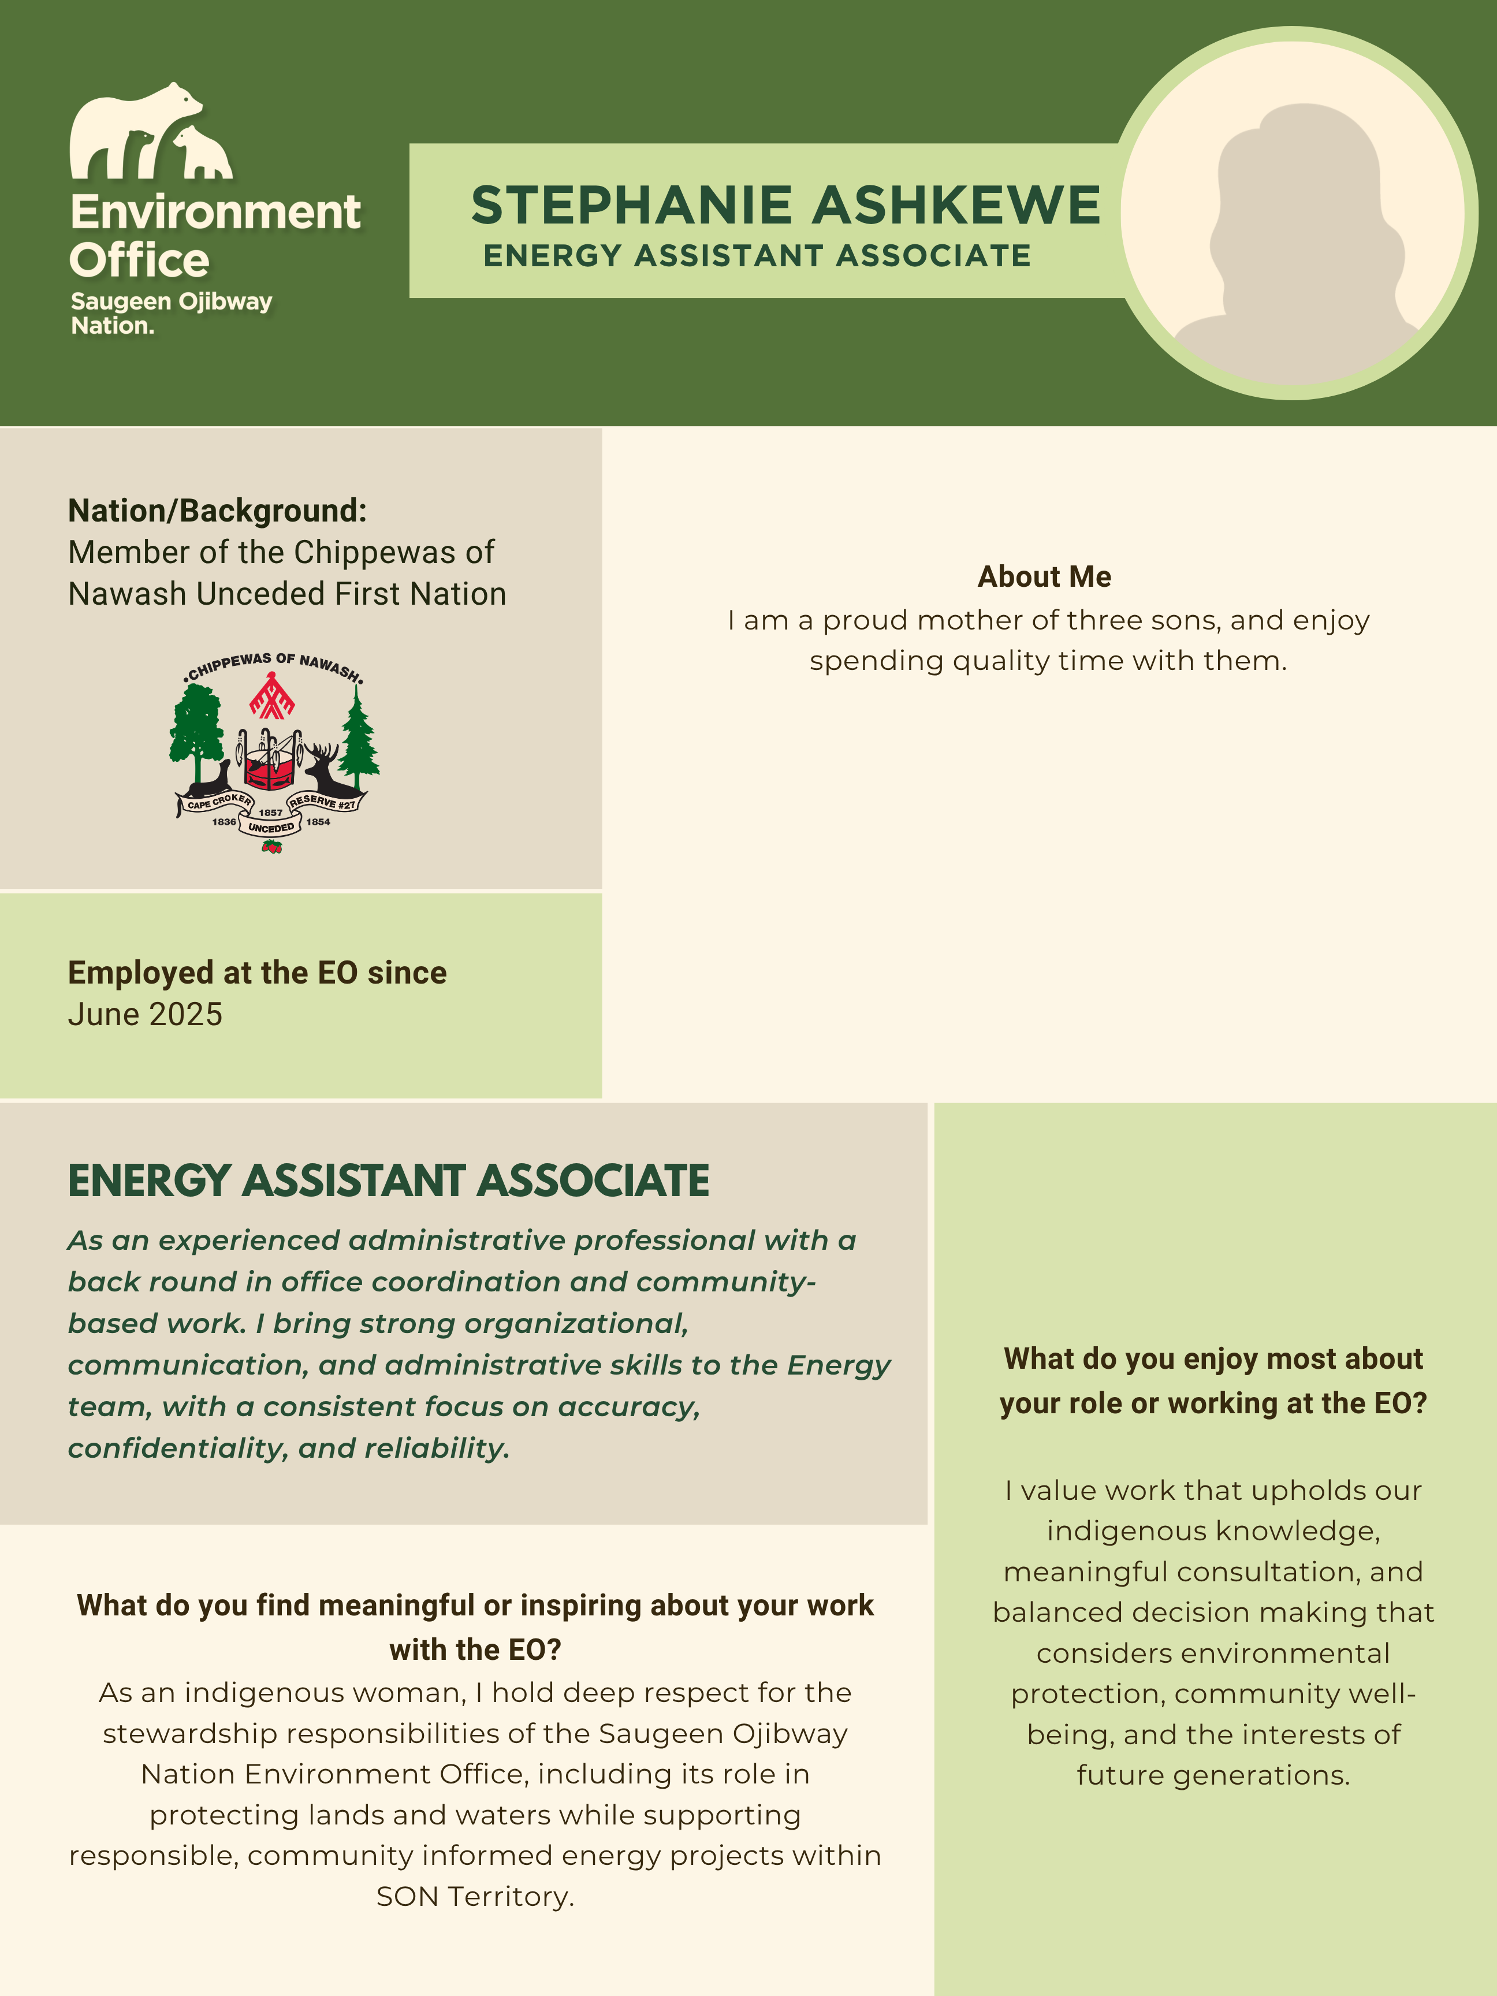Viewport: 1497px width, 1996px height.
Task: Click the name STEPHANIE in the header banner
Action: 631,205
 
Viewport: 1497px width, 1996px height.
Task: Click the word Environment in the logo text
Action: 215,213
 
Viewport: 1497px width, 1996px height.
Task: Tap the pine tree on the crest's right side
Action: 359,740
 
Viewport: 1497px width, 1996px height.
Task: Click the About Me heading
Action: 1044,576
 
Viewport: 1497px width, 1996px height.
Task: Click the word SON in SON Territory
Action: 407,1896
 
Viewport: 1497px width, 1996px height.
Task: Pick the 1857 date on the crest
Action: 271,812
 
